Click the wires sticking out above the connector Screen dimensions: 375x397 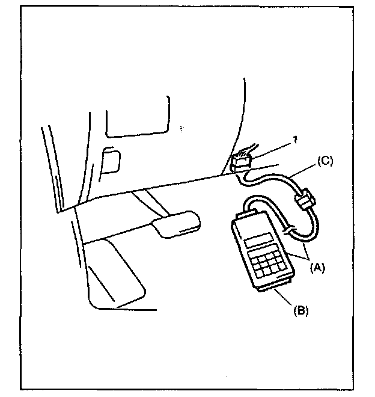click(246, 150)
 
